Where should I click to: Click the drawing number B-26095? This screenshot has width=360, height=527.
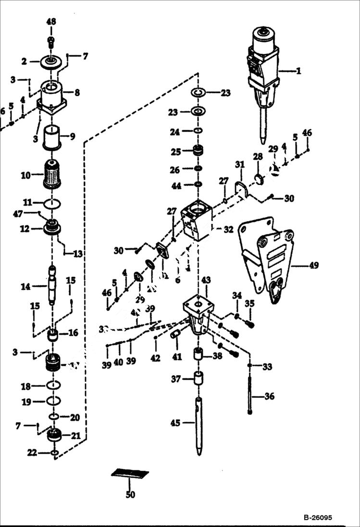point(317,518)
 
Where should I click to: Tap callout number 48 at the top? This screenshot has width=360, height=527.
point(51,22)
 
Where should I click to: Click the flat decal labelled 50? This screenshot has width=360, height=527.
point(130,474)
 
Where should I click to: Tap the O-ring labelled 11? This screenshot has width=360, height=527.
point(52,204)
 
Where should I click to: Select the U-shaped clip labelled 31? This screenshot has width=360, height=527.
point(240,186)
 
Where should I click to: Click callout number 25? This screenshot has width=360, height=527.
point(176,152)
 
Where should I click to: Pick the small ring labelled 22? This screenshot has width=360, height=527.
point(54,453)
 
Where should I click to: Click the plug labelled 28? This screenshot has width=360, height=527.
point(258,180)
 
